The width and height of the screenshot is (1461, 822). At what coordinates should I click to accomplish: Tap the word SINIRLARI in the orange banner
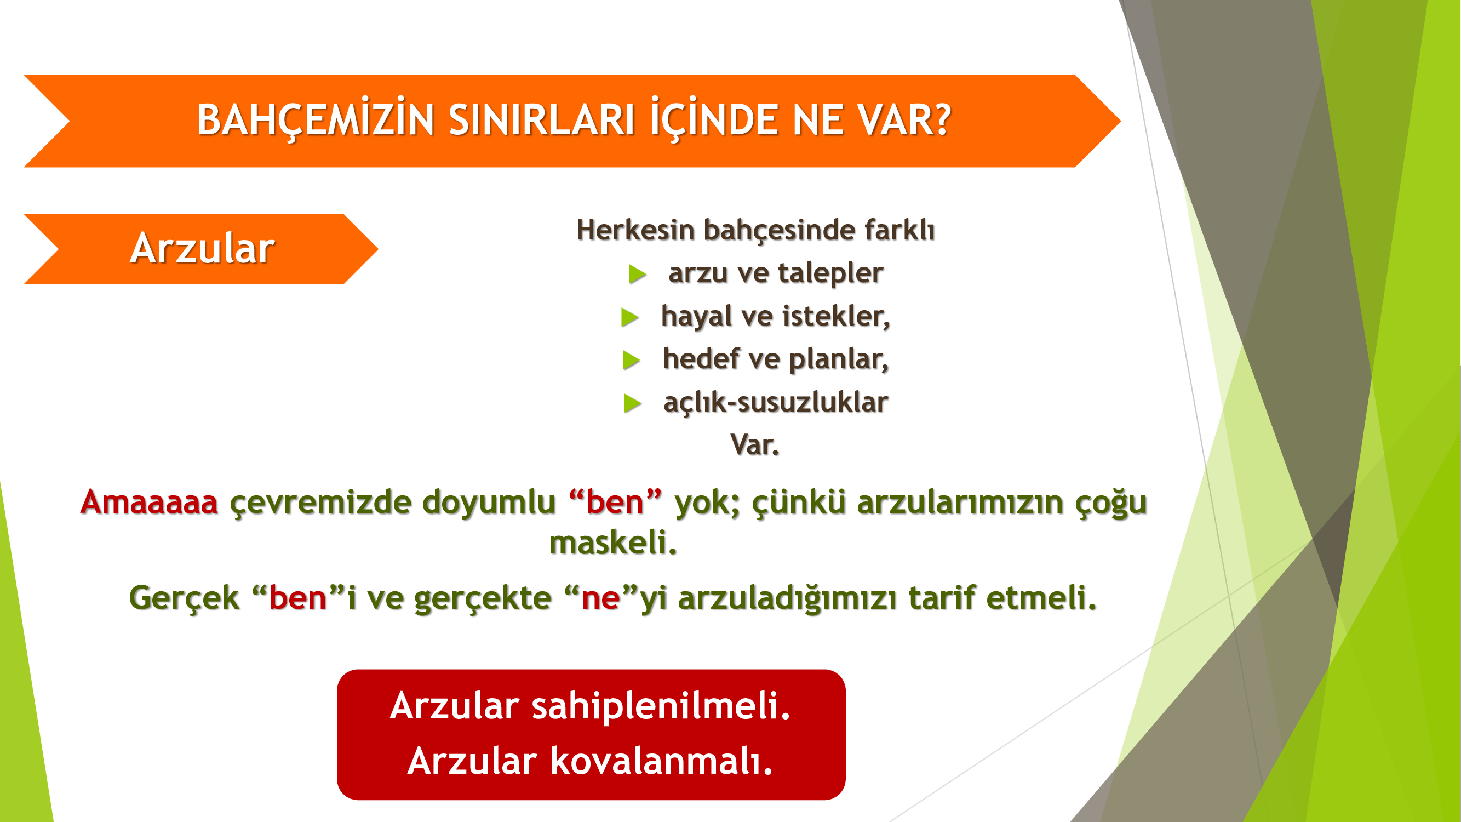point(542,120)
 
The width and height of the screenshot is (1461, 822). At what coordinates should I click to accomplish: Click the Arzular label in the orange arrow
point(203,248)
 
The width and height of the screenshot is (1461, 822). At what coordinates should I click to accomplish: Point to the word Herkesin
point(635,230)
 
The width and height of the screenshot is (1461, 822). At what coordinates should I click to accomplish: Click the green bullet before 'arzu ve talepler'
point(638,275)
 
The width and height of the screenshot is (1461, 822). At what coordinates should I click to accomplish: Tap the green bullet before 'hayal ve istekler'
point(630,317)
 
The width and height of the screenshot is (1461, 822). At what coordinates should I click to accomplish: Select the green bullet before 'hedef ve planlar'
point(632,360)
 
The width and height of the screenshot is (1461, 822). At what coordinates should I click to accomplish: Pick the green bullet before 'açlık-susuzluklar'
point(633,403)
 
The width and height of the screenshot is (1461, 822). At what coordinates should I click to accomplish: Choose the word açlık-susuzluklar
point(776,403)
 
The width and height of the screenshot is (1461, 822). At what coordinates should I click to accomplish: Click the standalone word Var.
point(755,445)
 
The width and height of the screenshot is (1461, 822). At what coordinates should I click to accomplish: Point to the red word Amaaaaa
point(149,502)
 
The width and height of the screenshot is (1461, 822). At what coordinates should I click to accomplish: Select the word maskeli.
point(613,543)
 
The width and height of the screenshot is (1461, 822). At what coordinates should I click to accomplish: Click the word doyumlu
point(489,503)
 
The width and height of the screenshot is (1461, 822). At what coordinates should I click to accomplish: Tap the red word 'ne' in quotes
point(601,598)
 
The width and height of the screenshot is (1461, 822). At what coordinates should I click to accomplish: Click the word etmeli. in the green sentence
point(1041,597)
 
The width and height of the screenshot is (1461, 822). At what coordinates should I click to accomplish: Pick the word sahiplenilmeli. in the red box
point(661,707)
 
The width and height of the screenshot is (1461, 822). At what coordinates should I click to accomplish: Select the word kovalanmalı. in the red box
point(661,761)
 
